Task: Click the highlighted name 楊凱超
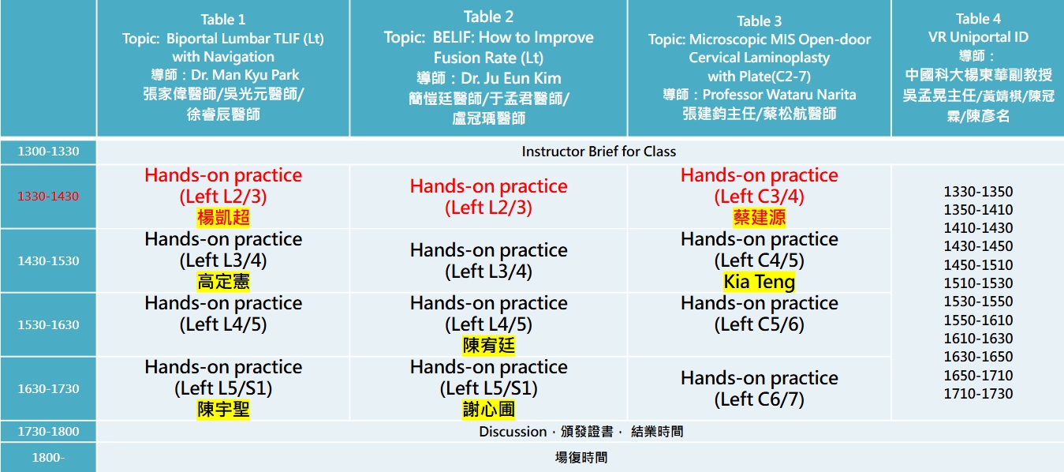(x=223, y=218)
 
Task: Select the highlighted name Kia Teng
(x=759, y=282)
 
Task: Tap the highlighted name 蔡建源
(x=759, y=218)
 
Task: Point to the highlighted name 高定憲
(x=223, y=282)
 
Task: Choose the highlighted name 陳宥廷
(x=489, y=346)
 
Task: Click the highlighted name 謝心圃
(x=489, y=410)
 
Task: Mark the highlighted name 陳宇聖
(x=223, y=410)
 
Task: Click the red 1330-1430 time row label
(x=48, y=197)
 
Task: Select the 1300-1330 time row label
(x=48, y=152)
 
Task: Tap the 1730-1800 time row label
(x=48, y=432)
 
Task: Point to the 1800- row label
(x=48, y=458)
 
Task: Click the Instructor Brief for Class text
(x=599, y=152)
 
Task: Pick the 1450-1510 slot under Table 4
(x=978, y=264)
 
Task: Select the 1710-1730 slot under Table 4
(x=978, y=394)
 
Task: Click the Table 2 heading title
(x=489, y=17)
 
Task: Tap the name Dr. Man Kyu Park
(x=245, y=75)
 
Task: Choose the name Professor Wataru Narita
(x=779, y=95)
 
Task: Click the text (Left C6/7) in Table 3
(x=759, y=399)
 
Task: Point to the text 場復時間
(x=581, y=458)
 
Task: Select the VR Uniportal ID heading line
(x=978, y=37)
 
